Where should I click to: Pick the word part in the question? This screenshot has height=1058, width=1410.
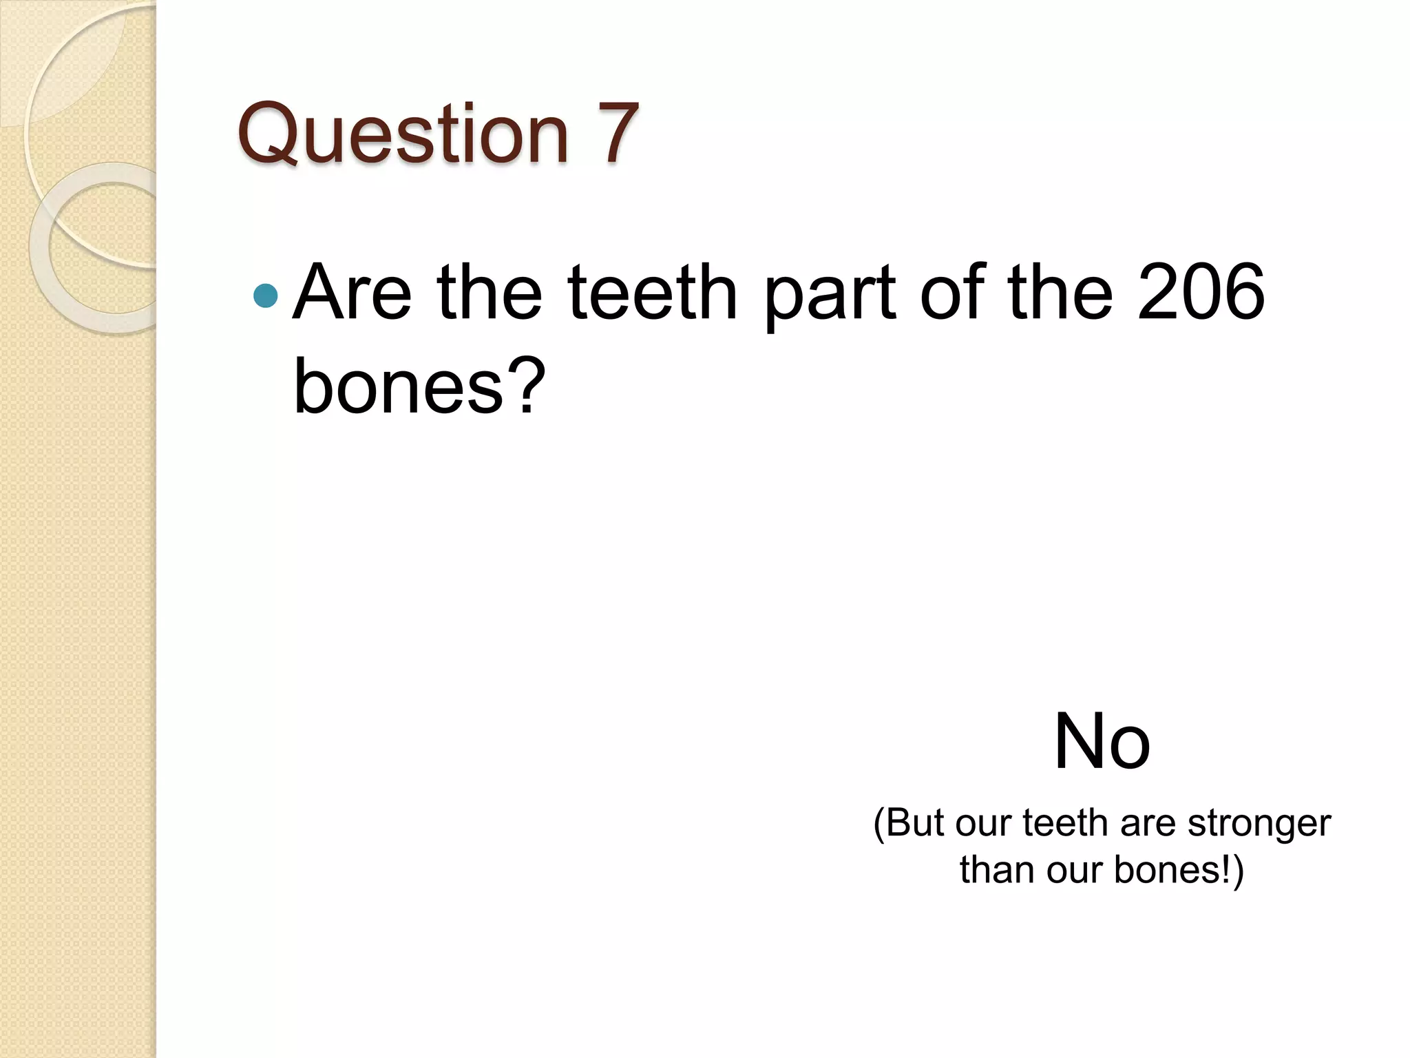830,295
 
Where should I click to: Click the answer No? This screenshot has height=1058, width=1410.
1102,743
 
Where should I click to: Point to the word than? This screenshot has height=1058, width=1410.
997,869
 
